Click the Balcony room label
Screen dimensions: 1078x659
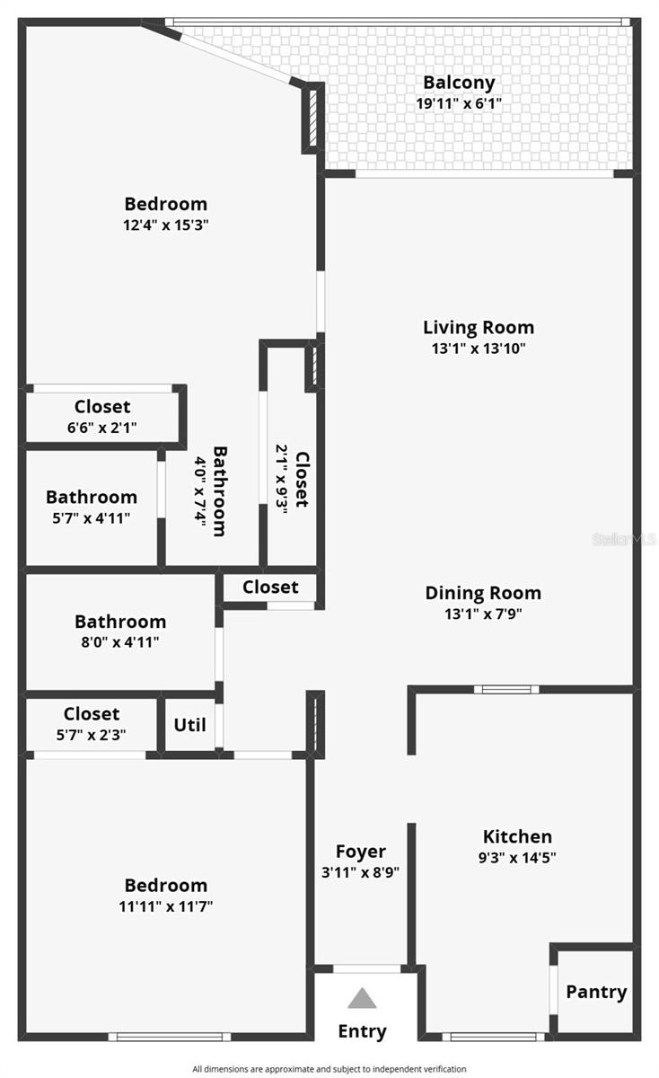459,83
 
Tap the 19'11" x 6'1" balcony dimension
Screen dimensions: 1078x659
459,103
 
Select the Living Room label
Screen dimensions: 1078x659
479,327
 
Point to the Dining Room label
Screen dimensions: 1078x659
483,593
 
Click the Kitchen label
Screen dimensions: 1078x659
517,836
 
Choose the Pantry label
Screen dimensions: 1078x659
596,992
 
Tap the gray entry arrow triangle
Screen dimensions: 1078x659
362,998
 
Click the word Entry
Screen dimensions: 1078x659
362,1031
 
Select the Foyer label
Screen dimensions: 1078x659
361,851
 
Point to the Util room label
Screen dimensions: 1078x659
189,724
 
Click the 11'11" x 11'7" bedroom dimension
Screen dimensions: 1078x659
165,906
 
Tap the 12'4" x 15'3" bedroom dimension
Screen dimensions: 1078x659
165,225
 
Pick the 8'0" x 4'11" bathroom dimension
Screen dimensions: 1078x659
120,642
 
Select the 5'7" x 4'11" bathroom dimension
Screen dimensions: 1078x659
92,517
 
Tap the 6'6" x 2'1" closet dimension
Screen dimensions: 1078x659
102,428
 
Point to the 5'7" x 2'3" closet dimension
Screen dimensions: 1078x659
92,734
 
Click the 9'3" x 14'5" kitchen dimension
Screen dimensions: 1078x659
517,857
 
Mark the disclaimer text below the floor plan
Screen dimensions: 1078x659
329,1069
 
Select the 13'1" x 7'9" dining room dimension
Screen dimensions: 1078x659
483,614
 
